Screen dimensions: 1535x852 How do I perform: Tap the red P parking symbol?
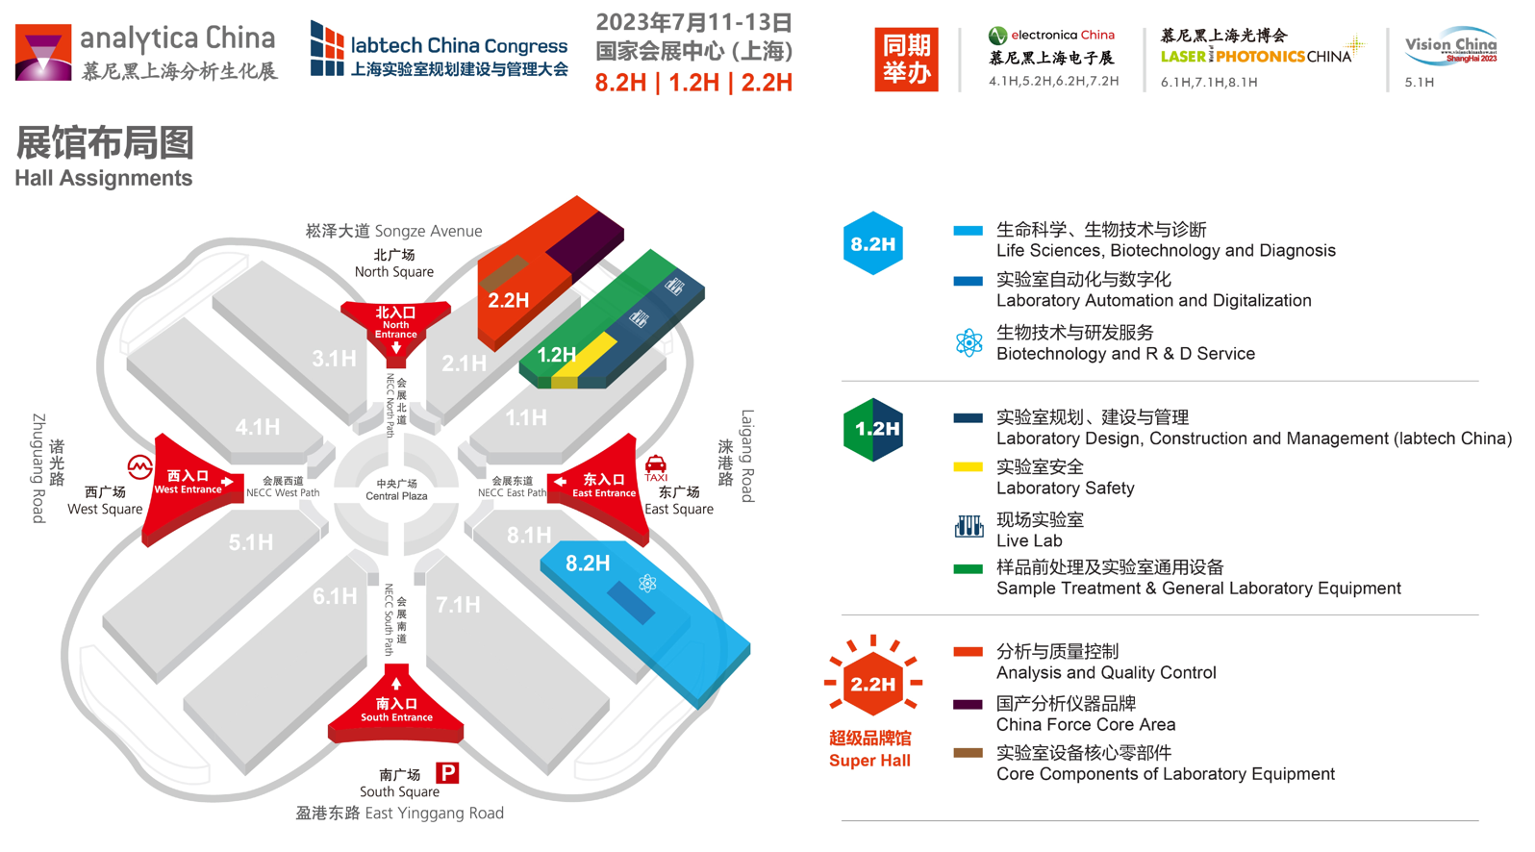447,773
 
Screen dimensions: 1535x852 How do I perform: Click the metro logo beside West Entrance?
139,467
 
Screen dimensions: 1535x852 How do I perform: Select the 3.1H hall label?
334,358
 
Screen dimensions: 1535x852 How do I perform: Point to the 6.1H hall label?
335,596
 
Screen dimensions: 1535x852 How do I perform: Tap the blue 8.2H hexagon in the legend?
872,243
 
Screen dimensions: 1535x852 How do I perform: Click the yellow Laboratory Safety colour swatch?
968,467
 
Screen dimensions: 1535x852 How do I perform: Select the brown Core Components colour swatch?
968,753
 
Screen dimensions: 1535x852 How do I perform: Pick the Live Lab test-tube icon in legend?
969,526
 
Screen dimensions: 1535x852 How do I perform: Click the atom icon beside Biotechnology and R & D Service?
969,343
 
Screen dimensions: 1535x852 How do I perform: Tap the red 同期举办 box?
906,59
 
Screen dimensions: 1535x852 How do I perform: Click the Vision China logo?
1450,46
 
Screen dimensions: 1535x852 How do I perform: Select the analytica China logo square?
43,53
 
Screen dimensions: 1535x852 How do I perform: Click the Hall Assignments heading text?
104,178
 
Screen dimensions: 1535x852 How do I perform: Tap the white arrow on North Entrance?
396,348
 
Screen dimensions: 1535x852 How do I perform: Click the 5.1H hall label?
251,542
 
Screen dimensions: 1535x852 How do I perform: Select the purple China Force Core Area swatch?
968,704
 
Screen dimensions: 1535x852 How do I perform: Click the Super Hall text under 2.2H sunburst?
869,761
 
